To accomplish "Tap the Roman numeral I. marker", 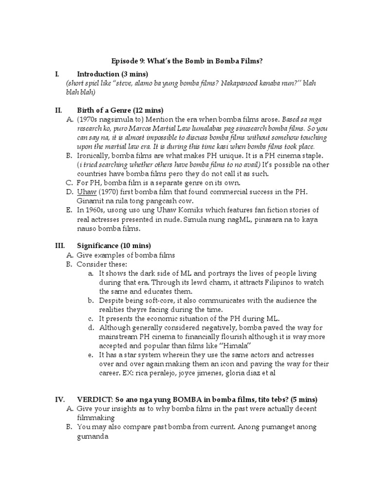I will click(x=57, y=74).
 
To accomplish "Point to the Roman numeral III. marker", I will click(x=59, y=245).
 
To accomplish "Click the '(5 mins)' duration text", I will click(x=305, y=399).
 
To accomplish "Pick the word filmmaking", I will click(x=96, y=418).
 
